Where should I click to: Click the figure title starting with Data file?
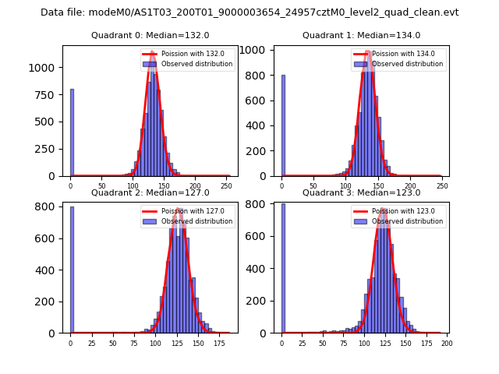click(x=249, y=12)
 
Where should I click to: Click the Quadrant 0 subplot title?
click(x=150, y=35)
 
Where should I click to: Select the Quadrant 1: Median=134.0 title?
click(x=361, y=35)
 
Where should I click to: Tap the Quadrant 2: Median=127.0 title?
click(x=150, y=192)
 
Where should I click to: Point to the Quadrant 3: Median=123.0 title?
click(x=361, y=192)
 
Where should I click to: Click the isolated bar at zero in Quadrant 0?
click(x=72, y=132)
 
